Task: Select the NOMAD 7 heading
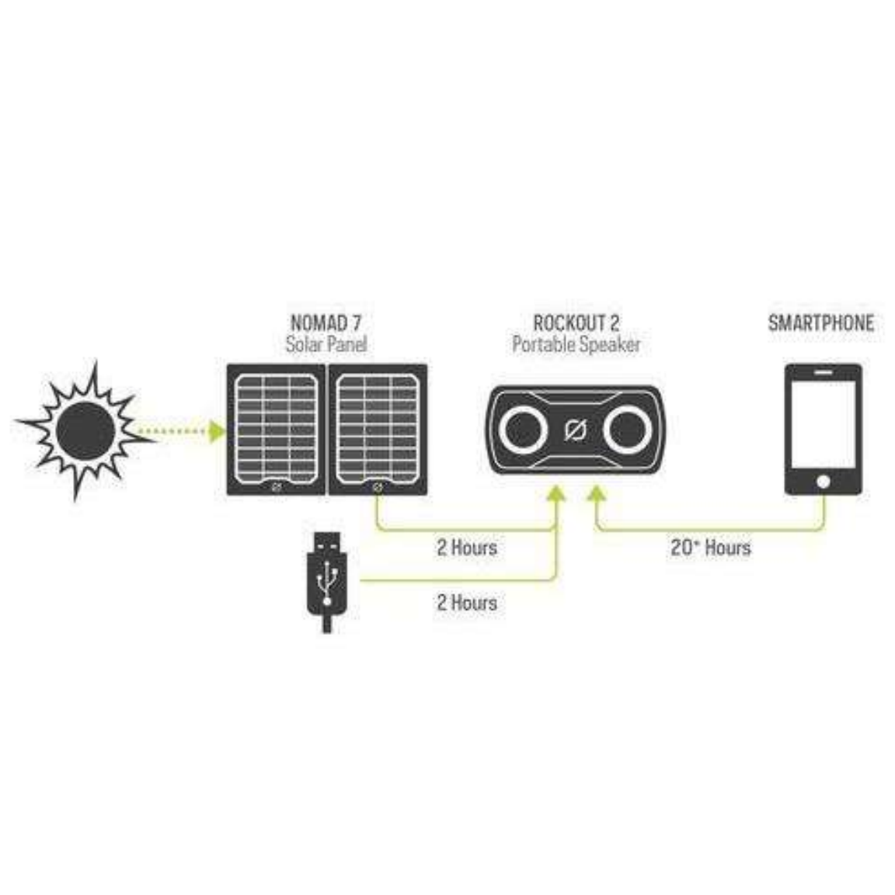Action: tap(326, 322)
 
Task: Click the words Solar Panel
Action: tap(326, 343)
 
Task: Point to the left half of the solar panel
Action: tap(277, 429)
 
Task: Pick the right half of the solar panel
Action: tap(378, 429)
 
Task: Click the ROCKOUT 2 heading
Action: tap(576, 322)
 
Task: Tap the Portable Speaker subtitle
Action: tap(576, 343)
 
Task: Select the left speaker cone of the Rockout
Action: tap(523, 430)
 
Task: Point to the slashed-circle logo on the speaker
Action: tap(576, 430)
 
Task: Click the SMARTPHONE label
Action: tap(820, 322)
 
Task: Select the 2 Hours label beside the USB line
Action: tap(466, 602)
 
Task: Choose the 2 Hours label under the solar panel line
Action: tap(466, 547)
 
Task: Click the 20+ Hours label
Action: tap(710, 547)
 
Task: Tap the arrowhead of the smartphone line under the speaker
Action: tap(596, 495)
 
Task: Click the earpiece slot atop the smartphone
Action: tap(823, 373)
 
